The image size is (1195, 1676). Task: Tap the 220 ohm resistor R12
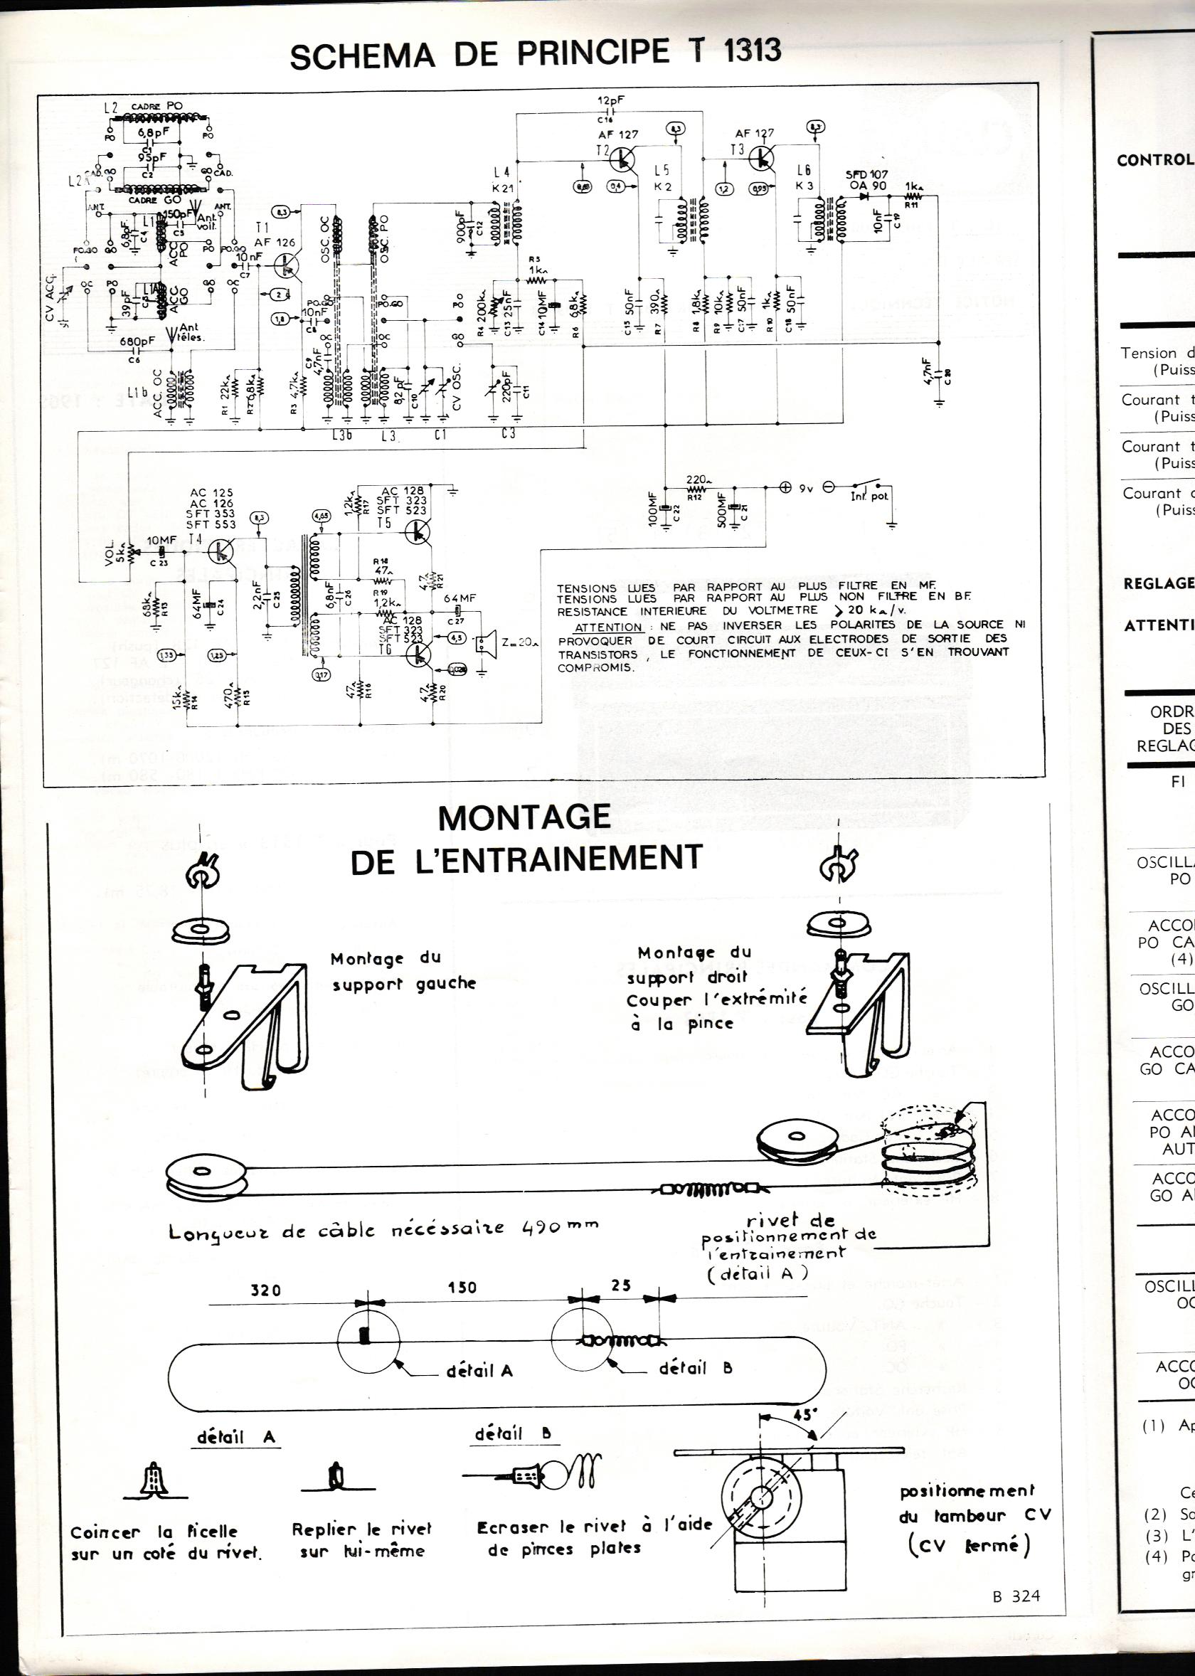click(x=696, y=488)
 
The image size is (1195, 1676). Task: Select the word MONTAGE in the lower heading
click(x=524, y=817)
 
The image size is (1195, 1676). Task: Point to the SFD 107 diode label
click(x=866, y=174)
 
